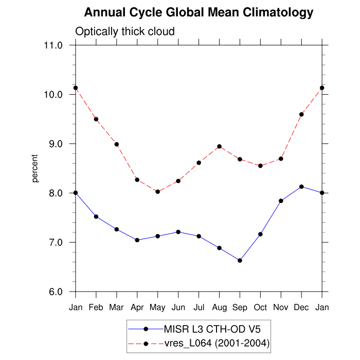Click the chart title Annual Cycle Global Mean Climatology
(x=199, y=12)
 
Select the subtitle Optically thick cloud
(x=125, y=31)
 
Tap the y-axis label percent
(x=35, y=168)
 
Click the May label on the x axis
(x=158, y=307)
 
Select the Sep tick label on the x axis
(x=240, y=307)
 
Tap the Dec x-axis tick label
(x=301, y=307)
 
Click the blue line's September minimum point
(x=240, y=260)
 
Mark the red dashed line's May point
(x=158, y=192)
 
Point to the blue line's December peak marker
(x=301, y=187)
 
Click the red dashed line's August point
(x=219, y=147)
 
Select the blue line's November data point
(x=281, y=201)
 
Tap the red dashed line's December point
(x=301, y=114)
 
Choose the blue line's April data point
(x=137, y=240)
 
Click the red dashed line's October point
(x=260, y=166)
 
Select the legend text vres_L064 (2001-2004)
(x=217, y=343)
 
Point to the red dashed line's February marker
(x=96, y=119)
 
